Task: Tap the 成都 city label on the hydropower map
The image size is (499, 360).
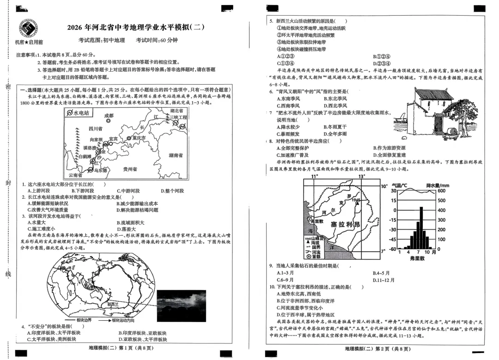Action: [x=109, y=115]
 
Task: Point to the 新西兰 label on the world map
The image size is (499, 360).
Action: [x=113, y=305]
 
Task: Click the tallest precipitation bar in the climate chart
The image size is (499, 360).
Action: [x=421, y=228]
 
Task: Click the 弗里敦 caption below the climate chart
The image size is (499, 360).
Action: [x=417, y=260]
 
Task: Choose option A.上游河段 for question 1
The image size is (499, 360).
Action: [x=38, y=190]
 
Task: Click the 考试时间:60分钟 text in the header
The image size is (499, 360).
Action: [x=157, y=40]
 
